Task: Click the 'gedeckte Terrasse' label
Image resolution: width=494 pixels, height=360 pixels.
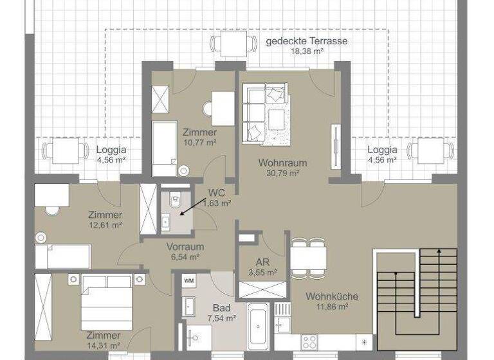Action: [x=307, y=41]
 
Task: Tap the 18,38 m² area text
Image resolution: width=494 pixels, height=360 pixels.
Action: [x=307, y=51]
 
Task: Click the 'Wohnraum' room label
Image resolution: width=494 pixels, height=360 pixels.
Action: [x=282, y=163]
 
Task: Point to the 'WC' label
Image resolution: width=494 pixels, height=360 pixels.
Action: [x=216, y=192]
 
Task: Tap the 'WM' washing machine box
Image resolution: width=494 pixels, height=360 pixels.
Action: [x=189, y=281]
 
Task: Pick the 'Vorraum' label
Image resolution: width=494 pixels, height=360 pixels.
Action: [x=185, y=246]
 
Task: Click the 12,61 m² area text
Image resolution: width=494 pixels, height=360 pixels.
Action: [x=105, y=225]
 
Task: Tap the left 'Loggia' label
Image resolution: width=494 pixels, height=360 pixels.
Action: [x=111, y=150]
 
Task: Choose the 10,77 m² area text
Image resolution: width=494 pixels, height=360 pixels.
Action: [x=199, y=143]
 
